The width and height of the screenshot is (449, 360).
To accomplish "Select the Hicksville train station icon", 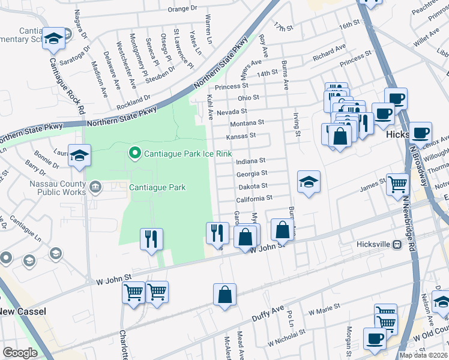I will coord(397,244).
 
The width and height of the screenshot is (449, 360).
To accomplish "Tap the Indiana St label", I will coord(250,161).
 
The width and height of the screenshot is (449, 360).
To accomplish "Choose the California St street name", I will coord(254,197).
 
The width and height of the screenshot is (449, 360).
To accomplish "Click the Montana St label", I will coord(247,122).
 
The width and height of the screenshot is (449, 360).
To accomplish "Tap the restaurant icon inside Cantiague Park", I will coord(151,238).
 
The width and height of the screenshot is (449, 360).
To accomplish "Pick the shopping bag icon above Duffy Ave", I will coord(224,294).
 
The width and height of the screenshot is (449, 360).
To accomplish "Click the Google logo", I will coord(20,353).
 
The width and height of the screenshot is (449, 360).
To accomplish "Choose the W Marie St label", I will coord(324,309).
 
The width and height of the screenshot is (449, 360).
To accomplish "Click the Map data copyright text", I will coord(424,355).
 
